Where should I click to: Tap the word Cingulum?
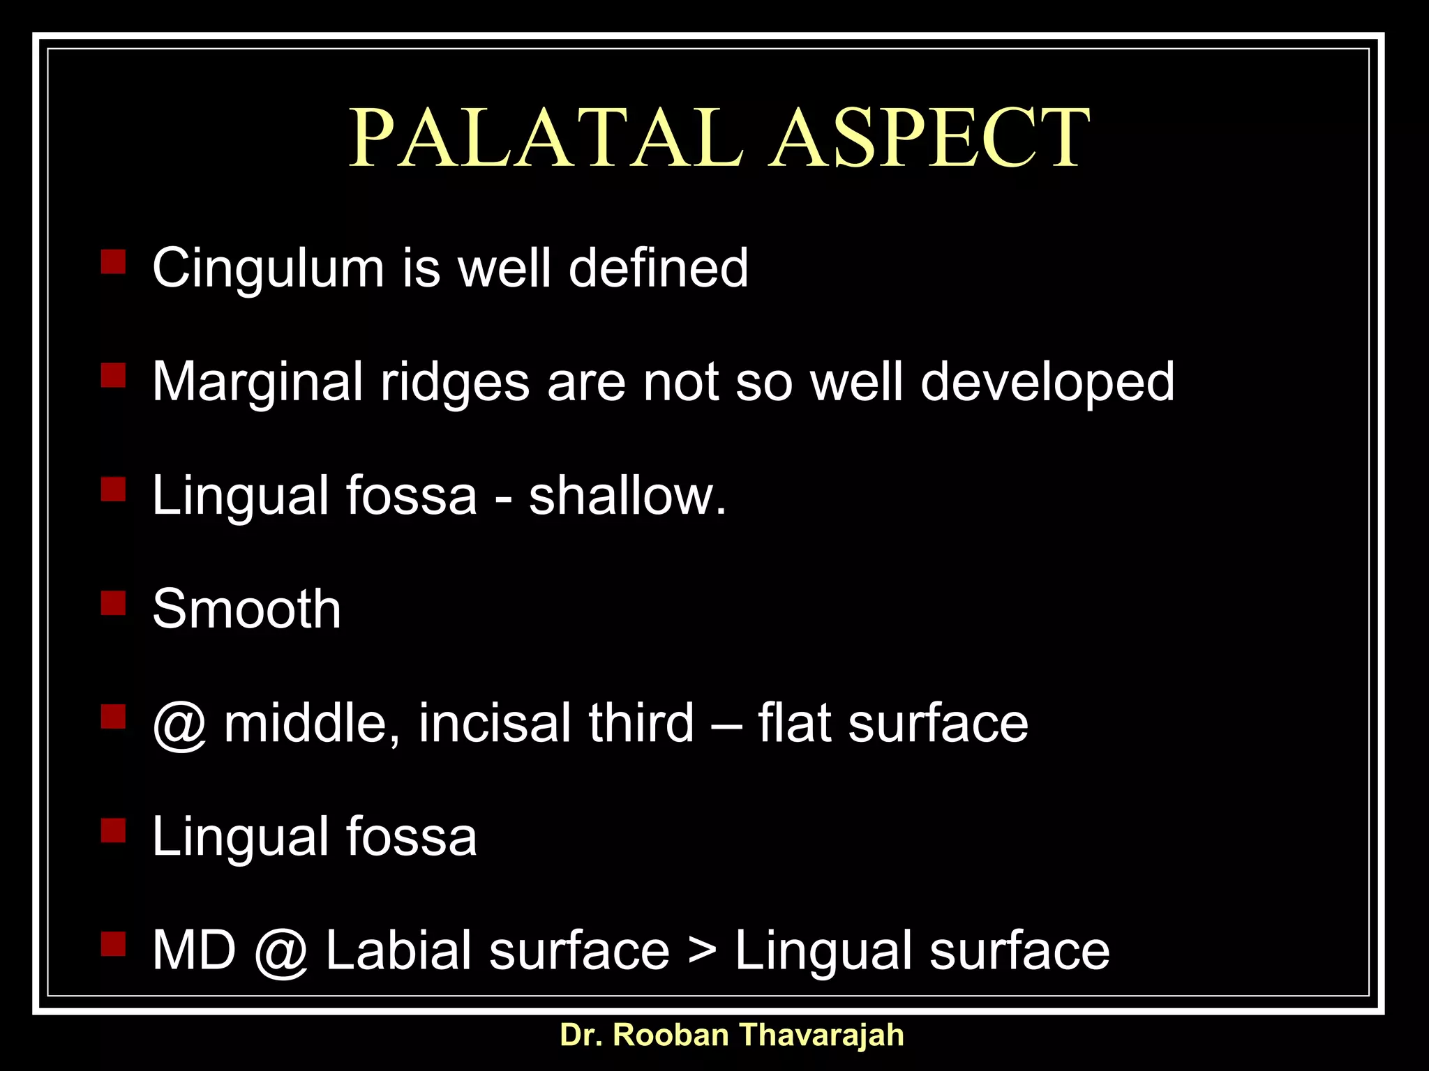point(268,268)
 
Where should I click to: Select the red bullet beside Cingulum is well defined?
point(113,262)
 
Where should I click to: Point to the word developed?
point(1047,383)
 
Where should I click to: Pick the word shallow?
point(627,496)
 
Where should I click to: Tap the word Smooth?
point(246,609)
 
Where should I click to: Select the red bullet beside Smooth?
point(113,602)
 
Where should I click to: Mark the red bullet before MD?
point(113,944)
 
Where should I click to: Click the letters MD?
point(194,950)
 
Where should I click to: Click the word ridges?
point(455,383)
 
